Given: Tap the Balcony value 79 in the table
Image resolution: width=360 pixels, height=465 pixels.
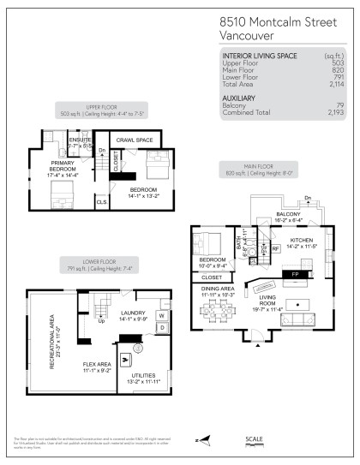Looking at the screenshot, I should [x=338, y=105].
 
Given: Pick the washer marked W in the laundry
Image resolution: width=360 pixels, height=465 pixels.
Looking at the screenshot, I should [x=161, y=316].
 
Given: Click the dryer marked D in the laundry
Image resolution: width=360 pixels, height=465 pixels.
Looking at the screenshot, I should [x=161, y=328].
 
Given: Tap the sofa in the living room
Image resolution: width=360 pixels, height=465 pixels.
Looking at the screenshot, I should [x=301, y=320].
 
